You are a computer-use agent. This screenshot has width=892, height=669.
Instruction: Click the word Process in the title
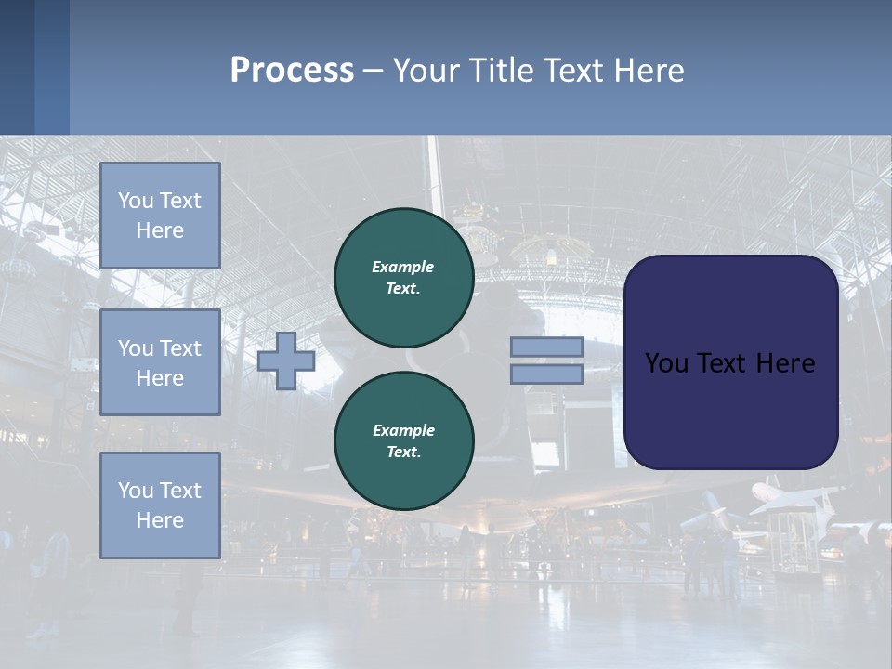click(x=292, y=71)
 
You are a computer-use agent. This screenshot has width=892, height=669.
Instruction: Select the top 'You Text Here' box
click(x=160, y=216)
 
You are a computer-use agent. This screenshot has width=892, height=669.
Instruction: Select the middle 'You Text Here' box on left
click(x=160, y=362)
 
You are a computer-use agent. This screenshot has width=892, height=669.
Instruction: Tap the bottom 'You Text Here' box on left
click(x=160, y=505)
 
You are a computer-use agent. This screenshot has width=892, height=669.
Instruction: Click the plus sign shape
click(x=286, y=361)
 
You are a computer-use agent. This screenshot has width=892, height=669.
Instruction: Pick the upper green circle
click(x=403, y=278)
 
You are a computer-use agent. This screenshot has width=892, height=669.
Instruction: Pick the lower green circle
click(x=403, y=440)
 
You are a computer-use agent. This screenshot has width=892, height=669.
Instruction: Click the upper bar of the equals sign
click(x=546, y=347)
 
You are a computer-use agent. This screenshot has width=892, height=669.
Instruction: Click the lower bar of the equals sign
click(x=546, y=374)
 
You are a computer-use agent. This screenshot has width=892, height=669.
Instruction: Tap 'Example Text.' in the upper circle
click(x=403, y=278)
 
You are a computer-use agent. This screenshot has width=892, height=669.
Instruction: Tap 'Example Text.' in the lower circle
click(x=403, y=440)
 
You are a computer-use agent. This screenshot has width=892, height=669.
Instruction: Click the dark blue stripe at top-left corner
click(x=17, y=67)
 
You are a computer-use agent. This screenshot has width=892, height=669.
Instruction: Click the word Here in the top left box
click(x=160, y=230)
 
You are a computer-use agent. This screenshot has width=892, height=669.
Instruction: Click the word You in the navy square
click(x=666, y=363)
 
